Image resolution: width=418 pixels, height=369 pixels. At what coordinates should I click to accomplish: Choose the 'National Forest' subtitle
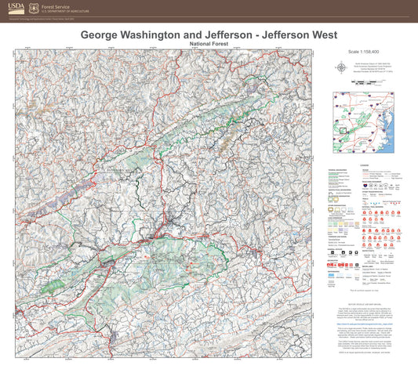tap(209, 44)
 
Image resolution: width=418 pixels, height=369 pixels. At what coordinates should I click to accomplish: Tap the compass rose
tap(343, 67)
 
